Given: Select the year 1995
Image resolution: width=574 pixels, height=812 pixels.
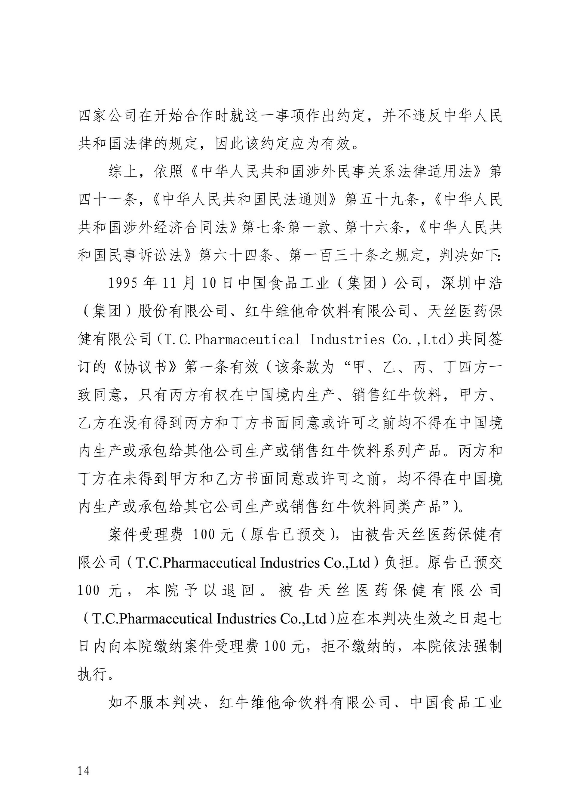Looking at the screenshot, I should coord(122,283).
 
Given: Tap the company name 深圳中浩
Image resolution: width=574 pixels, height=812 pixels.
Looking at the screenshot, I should coord(471,283).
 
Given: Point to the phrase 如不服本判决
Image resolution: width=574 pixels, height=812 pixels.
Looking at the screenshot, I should coord(154,703).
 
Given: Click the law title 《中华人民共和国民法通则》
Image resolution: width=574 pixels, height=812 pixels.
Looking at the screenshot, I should coord(245,199).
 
